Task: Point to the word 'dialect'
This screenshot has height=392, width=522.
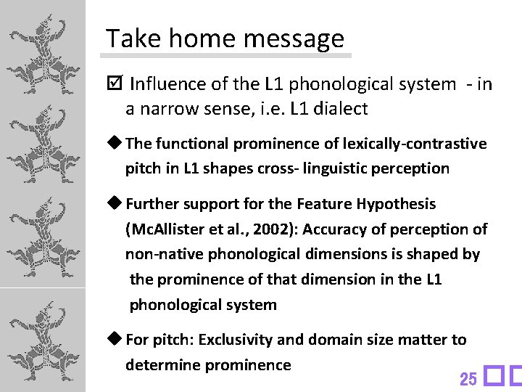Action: [341, 110]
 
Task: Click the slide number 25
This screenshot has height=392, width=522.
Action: [468, 379]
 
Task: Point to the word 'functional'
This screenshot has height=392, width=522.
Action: [188, 144]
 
